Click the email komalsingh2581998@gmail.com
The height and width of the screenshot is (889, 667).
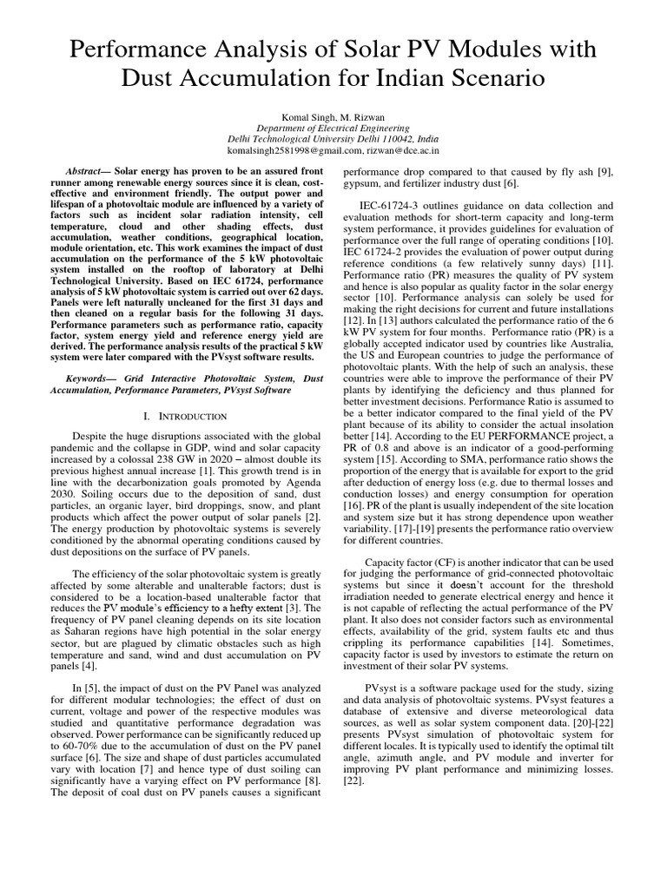pyautogui.click(x=278, y=149)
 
